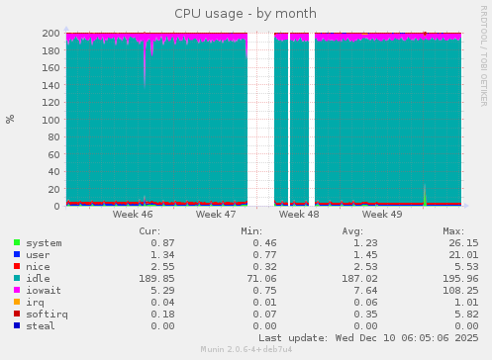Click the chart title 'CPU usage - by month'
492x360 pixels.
coord(246,14)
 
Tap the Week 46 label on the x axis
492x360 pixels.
coord(133,214)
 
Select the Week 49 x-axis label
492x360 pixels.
coord(382,214)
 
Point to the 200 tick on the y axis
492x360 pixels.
coord(50,33)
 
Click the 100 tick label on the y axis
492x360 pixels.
coord(50,119)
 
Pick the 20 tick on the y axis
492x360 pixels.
coord(53,188)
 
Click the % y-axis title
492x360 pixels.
coord(11,119)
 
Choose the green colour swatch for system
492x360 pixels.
coord(17,242)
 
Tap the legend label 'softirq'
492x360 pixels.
coord(47,314)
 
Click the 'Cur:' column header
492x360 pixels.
coord(163,230)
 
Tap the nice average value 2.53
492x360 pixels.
coord(366,266)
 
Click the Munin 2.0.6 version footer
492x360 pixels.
coord(246,350)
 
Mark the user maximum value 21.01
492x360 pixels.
coord(461,254)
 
